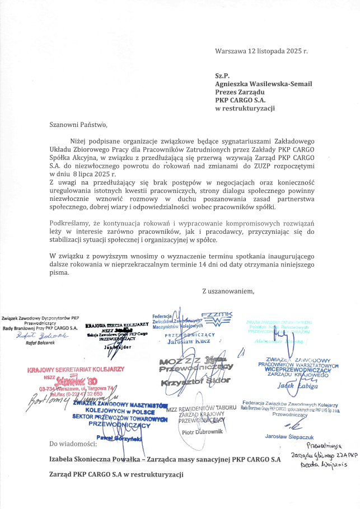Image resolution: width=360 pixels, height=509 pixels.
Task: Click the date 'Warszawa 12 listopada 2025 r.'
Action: coord(261,51)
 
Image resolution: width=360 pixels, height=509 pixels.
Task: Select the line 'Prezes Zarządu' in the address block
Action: coord(239,92)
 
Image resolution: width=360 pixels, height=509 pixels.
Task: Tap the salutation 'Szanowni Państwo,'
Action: coord(77,124)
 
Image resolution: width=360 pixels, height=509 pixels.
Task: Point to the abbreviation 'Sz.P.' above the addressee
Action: coord(223,75)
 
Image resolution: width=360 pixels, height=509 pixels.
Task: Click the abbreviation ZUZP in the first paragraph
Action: coord(239,166)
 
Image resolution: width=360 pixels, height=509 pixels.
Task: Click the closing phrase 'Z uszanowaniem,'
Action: coord(228,290)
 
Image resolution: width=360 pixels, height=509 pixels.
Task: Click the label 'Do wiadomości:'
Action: coord(72,444)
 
